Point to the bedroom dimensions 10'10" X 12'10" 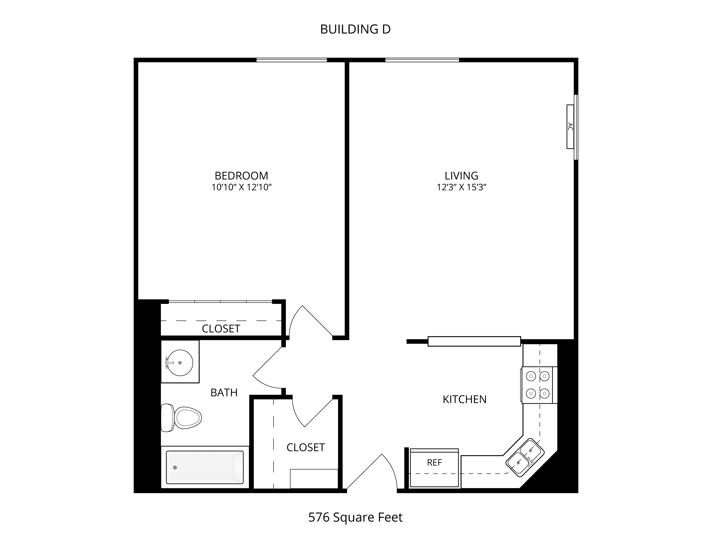pos(241,187)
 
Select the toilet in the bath pos(181,418)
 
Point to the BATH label pos(224,393)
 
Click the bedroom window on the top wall pos(292,60)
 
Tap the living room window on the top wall pos(422,60)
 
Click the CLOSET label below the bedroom pos(221,329)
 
